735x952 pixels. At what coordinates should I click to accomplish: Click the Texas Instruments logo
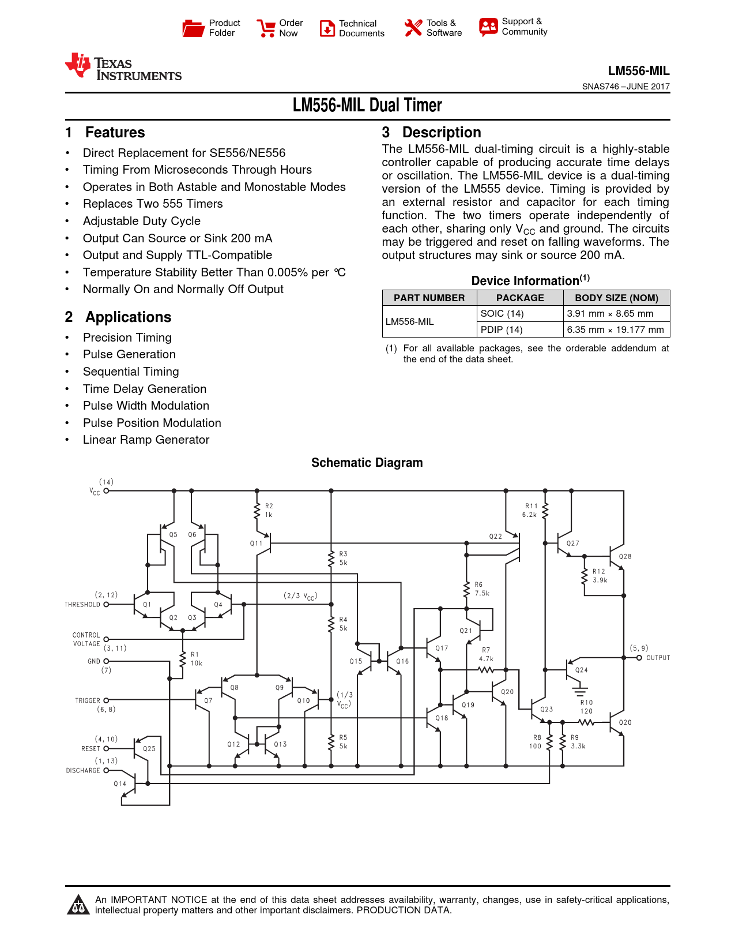(x=123, y=68)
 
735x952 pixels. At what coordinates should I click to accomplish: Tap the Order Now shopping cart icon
(x=266, y=28)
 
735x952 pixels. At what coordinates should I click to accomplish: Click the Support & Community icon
(x=488, y=27)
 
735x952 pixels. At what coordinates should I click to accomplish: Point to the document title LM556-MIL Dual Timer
(x=367, y=105)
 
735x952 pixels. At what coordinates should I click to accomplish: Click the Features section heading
(x=115, y=133)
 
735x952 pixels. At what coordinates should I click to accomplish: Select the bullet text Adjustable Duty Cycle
(x=141, y=221)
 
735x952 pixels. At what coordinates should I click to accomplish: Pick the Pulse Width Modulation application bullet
(x=146, y=406)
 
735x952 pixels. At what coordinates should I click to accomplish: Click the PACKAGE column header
(x=520, y=298)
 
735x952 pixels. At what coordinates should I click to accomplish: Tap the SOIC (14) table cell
(x=502, y=313)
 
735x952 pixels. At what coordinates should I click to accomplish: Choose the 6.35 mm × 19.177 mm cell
(x=615, y=329)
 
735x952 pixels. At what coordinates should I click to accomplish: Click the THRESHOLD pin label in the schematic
(x=82, y=605)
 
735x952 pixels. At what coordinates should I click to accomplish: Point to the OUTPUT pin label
(x=658, y=658)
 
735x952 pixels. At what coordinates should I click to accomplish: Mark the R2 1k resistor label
(x=269, y=510)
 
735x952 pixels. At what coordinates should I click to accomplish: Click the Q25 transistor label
(x=149, y=748)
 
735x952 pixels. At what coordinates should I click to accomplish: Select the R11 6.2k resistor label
(x=530, y=510)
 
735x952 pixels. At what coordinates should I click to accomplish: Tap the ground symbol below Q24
(x=580, y=689)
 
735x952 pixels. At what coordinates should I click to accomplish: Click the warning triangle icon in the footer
(x=78, y=905)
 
